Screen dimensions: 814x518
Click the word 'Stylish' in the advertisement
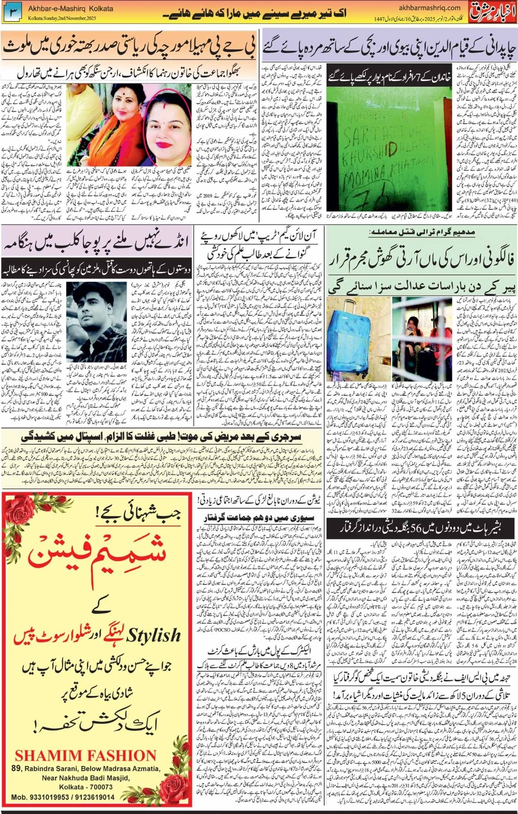click(153, 635)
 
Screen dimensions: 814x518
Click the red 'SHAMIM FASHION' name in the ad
click(85, 755)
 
